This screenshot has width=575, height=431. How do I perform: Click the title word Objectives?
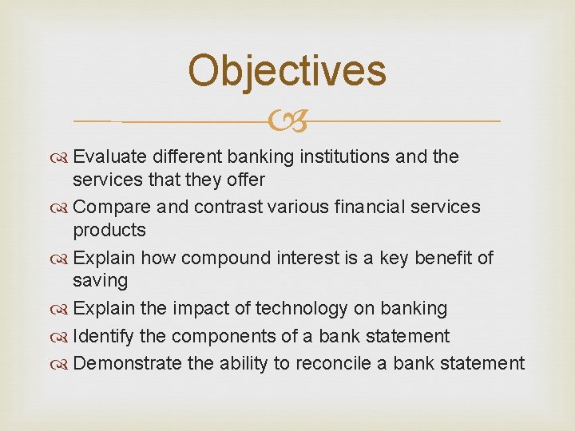[287, 70]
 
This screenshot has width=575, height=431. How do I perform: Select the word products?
[109, 231]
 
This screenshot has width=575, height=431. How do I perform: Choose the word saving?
[100, 281]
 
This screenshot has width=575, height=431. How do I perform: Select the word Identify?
[98, 336]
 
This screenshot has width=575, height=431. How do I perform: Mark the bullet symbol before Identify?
[61, 337]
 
